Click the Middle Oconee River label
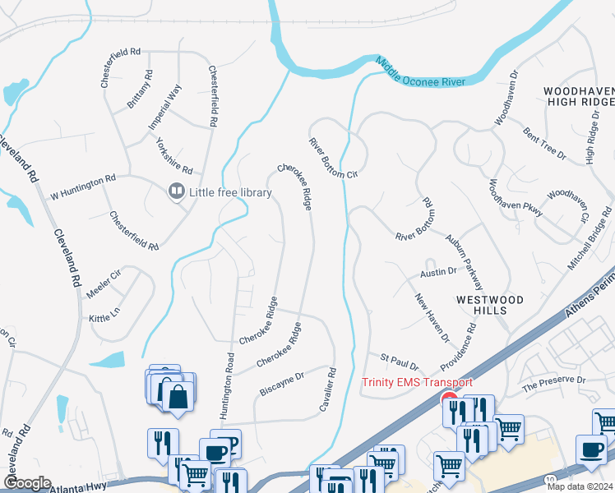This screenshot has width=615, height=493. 421,71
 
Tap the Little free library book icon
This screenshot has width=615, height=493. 175,192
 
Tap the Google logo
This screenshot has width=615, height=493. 26,483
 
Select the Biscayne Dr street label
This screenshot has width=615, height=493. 282,380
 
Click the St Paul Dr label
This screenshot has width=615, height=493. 399,362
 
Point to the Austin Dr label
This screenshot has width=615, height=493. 438,271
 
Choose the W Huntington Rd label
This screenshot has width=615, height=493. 84,187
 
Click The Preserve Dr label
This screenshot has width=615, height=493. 553,382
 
